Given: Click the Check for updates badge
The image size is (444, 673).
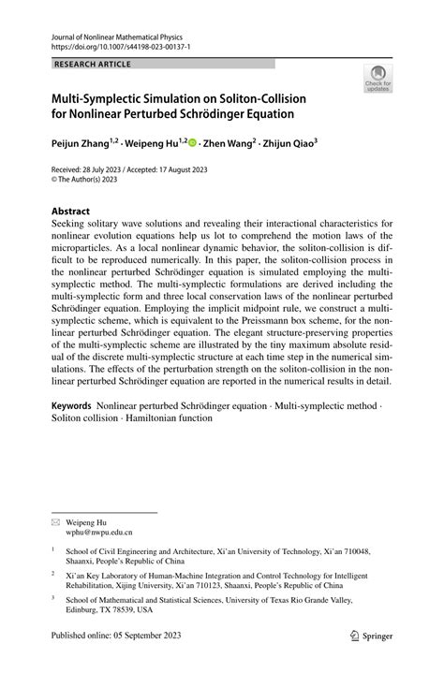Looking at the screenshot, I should pyautogui.click(x=378, y=80).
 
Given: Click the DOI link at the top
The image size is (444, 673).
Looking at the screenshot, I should pyautogui.click(x=110, y=44).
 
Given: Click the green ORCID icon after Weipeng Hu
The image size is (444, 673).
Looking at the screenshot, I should pyautogui.click(x=193, y=144).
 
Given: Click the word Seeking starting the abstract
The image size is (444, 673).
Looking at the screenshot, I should pyautogui.click(x=72, y=227).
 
